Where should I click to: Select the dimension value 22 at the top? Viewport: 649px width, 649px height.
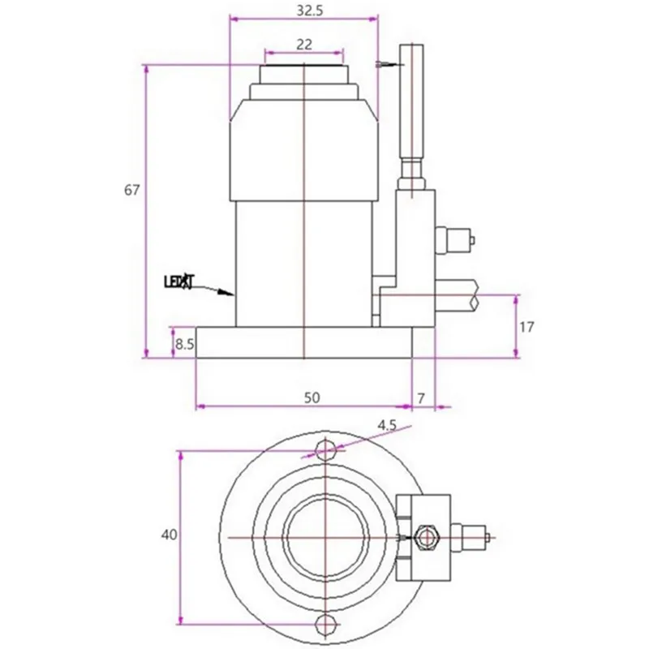(304, 45)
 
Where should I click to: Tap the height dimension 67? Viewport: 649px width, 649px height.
(132, 191)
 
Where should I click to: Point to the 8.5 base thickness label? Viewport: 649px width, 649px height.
(184, 344)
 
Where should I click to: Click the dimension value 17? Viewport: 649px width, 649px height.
(527, 327)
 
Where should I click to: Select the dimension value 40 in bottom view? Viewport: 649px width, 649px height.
(168, 535)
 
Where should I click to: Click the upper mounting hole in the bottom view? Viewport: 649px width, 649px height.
(326, 449)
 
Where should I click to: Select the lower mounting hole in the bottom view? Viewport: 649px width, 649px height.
(326, 623)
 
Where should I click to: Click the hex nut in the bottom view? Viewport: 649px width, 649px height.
(423, 536)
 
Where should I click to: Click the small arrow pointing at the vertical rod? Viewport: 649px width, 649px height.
(388, 63)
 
